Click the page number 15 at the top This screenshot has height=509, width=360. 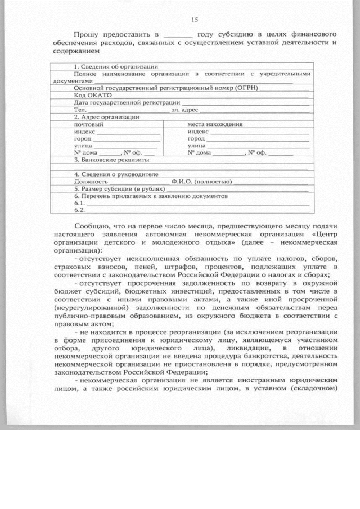click(x=195, y=20)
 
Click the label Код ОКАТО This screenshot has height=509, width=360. click(x=89, y=96)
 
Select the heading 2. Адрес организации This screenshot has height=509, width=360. click(x=107, y=117)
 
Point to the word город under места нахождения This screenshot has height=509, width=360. click(x=196, y=138)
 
